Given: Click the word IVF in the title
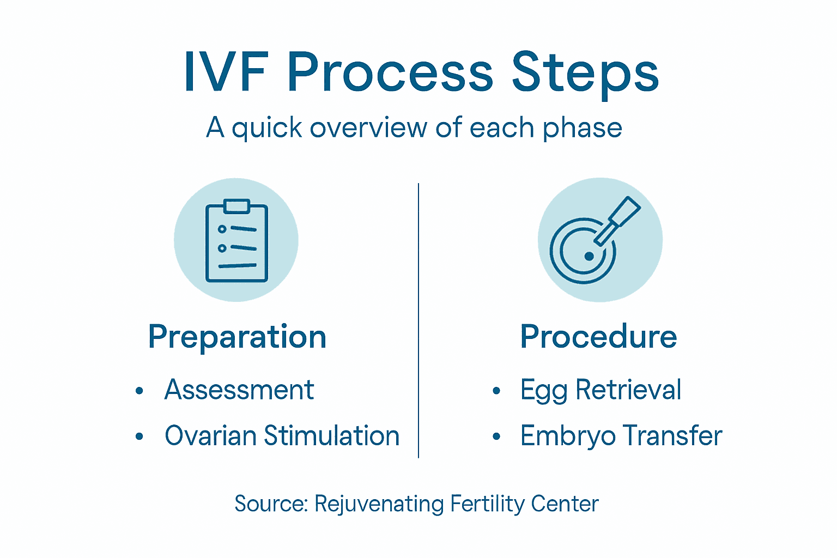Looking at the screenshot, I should point(226,73).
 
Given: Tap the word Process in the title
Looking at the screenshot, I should point(390,73).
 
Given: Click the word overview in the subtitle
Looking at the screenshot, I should point(368,128).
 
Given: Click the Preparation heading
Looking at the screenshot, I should point(237,337).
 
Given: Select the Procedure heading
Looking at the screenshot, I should point(598,336).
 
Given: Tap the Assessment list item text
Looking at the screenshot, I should point(239,390).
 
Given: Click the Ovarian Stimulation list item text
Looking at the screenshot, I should point(282,436).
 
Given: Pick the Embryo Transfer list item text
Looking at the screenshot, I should point(621,436).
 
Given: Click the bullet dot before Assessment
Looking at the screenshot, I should point(139,391).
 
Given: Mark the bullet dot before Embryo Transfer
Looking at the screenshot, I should point(496,436).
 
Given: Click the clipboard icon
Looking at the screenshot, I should point(236,241).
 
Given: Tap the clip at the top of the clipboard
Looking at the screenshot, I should point(236,206).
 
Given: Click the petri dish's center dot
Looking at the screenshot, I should point(589,256).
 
